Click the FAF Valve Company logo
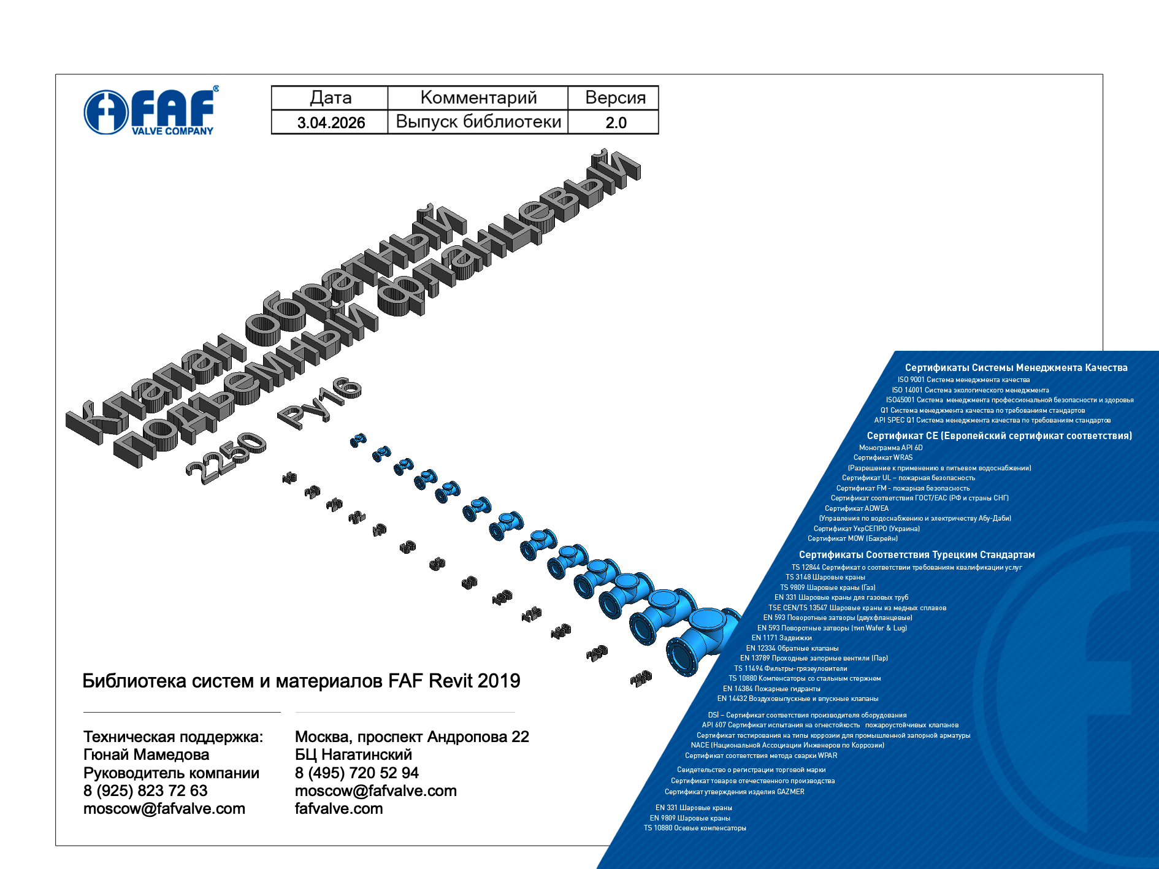[x=151, y=110]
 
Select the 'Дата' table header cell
[x=330, y=98]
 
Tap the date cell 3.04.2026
[x=330, y=123]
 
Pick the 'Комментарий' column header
[x=478, y=98]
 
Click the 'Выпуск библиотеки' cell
[x=478, y=122]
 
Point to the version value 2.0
[x=615, y=123]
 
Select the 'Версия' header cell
[x=615, y=98]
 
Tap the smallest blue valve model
[x=358, y=440]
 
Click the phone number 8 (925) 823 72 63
[x=145, y=791]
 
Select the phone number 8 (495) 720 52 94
[x=356, y=773]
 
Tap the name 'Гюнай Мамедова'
[x=146, y=754]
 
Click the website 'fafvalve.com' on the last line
[x=339, y=808]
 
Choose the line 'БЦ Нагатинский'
[x=353, y=754]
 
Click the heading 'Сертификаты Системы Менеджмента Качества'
[x=1016, y=367]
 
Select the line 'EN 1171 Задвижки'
[x=781, y=638]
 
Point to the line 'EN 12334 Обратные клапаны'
[x=792, y=648]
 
